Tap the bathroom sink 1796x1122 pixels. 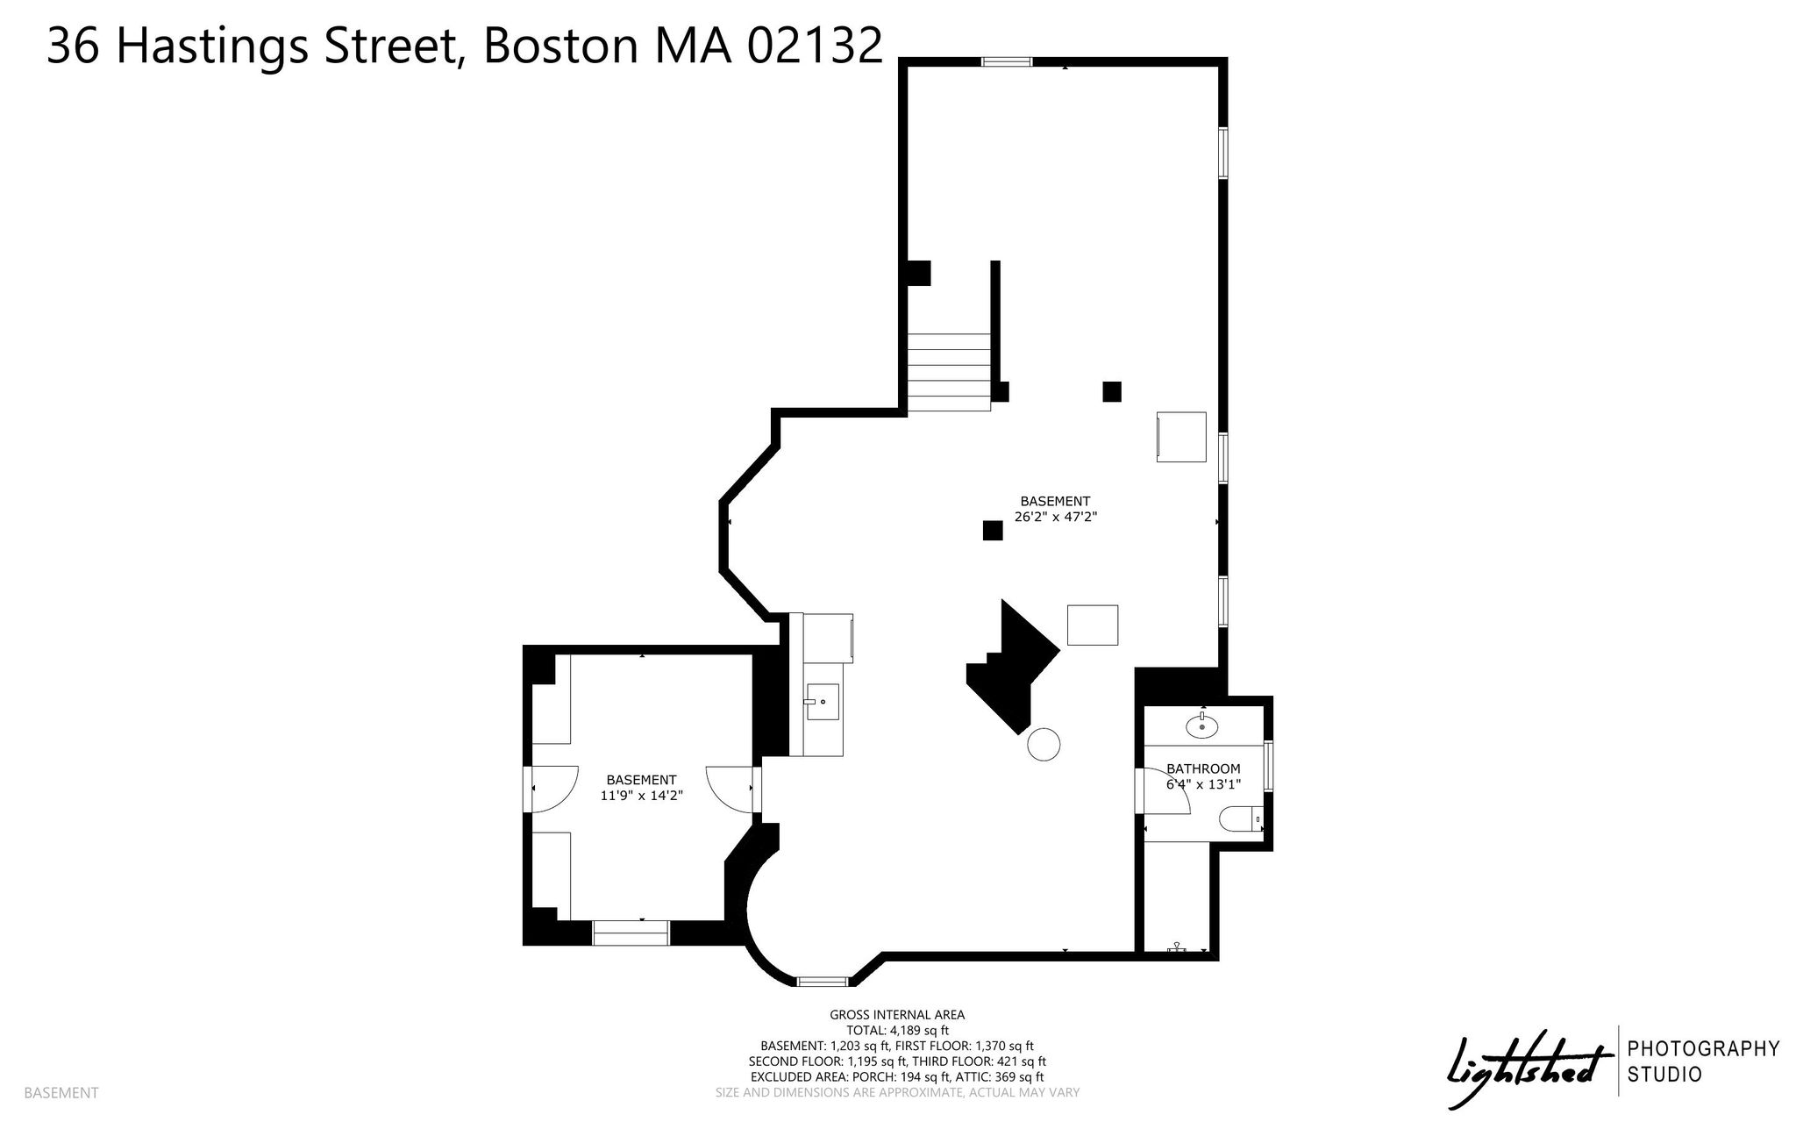[1201, 725]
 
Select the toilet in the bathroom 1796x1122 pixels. [1241, 818]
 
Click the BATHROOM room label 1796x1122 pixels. [1203, 768]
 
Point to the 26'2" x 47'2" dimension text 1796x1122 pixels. [1056, 518]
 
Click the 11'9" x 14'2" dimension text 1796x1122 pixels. [641, 796]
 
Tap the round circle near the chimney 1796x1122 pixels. [1044, 744]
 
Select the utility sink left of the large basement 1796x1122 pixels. [823, 702]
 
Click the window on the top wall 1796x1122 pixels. [1006, 61]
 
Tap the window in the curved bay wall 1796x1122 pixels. [823, 982]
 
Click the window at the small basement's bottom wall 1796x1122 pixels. [631, 933]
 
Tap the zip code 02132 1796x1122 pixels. [815, 46]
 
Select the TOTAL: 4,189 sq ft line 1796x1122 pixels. [897, 1031]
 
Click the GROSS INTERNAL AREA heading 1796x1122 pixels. [897, 1015]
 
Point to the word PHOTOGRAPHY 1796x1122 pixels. [1703, 1048]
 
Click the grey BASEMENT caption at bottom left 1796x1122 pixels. [61, 1093]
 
